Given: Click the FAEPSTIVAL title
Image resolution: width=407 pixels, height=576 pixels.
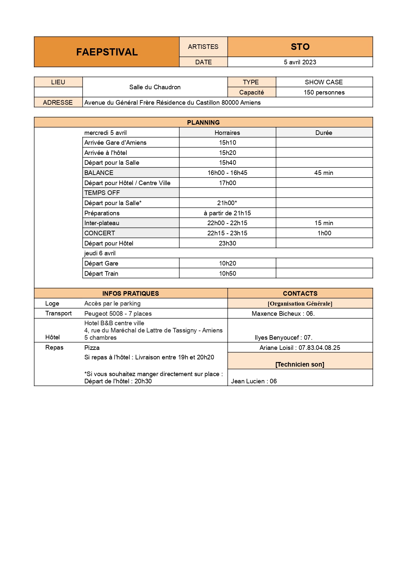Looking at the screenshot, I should click(107, 52).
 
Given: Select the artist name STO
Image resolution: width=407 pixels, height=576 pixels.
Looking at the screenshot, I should click(300, 47).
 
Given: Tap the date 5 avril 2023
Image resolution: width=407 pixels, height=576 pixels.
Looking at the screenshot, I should click(300, 62).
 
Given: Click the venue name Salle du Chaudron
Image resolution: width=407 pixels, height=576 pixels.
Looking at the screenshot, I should click(155, 87).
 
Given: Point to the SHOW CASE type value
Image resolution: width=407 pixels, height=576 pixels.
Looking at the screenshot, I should click(324, 82).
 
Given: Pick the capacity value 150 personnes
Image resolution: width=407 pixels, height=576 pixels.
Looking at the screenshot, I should click(324, 92).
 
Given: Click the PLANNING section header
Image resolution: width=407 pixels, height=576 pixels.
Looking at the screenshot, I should click(203, 122).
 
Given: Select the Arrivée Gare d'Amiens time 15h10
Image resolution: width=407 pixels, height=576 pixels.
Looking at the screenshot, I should click(227, 142).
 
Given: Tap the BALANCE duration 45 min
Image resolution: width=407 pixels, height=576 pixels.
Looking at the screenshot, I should click(324, 173).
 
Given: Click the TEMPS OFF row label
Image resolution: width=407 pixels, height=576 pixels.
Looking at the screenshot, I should click(102, 193).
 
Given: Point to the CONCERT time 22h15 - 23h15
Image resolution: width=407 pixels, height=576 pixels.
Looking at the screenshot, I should click(227, 233).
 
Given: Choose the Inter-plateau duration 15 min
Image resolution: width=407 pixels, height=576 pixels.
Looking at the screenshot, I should click(324, 223).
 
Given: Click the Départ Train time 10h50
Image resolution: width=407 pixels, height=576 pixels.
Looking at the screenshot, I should click(227, 273).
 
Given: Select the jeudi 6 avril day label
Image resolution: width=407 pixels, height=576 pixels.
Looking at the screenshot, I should click(100, 253).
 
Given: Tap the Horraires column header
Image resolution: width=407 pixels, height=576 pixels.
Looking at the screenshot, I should click(227, 133).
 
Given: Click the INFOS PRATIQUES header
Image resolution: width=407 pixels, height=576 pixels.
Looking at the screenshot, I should click(131, 293).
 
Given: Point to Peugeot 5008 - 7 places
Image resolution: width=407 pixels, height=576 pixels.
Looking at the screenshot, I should click(118, 313).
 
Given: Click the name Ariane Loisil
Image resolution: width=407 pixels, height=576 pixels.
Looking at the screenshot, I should click(276, 348).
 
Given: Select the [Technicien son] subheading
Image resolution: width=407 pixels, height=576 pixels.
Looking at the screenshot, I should click(300, 364).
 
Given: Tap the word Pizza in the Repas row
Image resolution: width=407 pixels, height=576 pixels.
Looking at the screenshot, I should click(92, 348).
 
